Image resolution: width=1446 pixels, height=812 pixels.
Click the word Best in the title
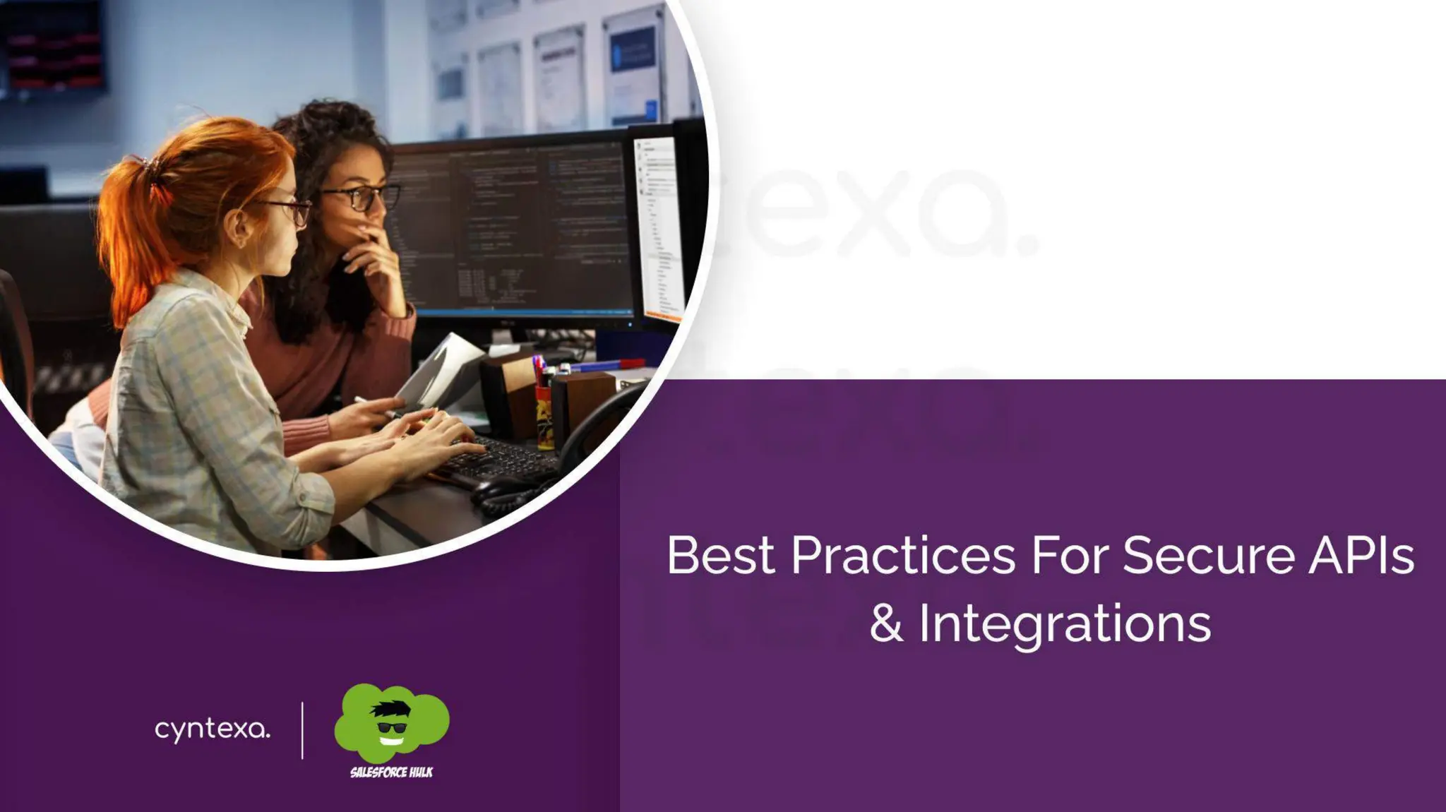tap(721, 556)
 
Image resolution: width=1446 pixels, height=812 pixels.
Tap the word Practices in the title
tap(903, 556)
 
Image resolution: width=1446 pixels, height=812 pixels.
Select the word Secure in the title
tap(1209, 556)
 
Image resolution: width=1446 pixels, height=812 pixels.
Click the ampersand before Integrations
tap(886, 623)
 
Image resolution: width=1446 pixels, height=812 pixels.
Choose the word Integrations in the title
tap(1065, 625)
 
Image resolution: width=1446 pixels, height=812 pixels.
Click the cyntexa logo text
tap(212, 729)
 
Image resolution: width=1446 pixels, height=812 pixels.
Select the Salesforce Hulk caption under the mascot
tap(392, 772)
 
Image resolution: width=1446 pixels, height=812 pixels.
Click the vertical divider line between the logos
tap(302, 730)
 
